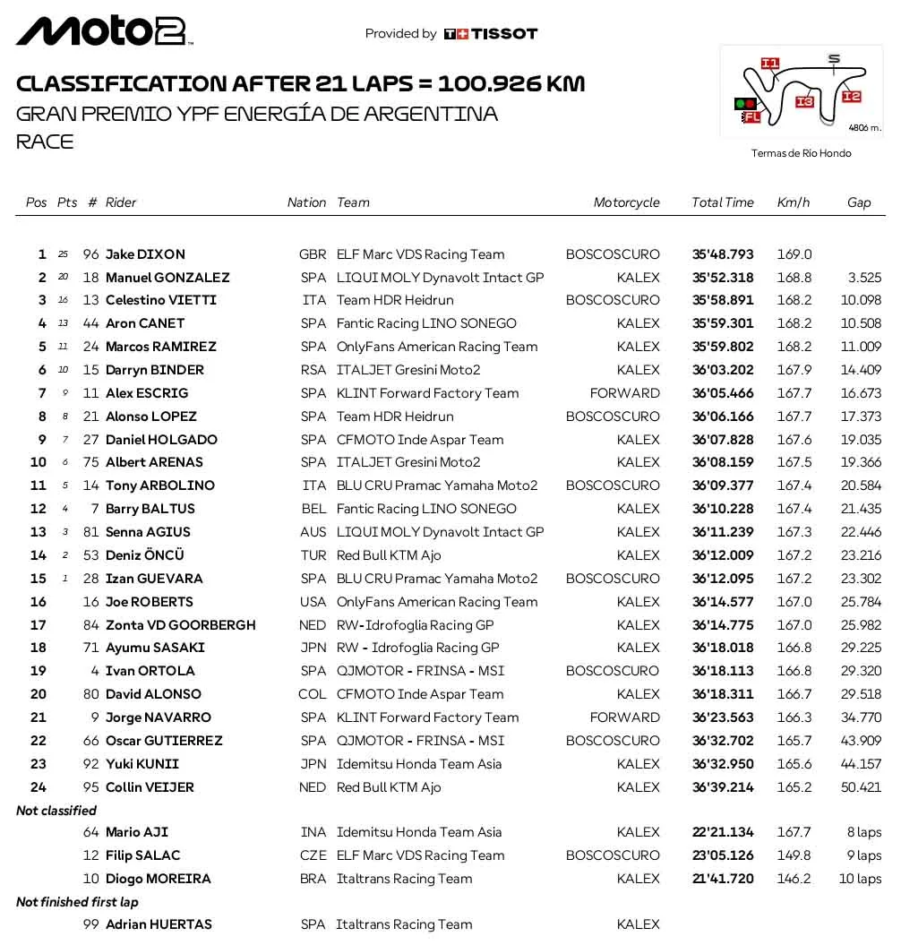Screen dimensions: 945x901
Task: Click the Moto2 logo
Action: click(x=104, y=31)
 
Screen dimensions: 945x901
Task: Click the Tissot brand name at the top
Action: click(x=504, y=34)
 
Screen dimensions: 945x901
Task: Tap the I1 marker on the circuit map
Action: click(x=769, y=64)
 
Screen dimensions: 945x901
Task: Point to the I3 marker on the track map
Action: click(x=803, y=102)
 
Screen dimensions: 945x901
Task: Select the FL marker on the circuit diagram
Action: click(x=751, y=116)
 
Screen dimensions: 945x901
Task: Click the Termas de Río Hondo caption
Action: click(x=801, y=153)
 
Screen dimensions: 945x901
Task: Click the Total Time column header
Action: click(x=722, y=202)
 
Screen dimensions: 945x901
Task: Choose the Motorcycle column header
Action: click(x=626, y=202)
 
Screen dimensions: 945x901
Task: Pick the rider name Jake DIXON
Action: click(x=145, y=254)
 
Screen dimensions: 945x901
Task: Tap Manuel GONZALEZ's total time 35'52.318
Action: click(x=723, y=278)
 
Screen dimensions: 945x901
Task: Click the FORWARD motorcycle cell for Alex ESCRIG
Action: click(x=624, y=393)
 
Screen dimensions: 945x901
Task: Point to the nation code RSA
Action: click(x=313, y=370)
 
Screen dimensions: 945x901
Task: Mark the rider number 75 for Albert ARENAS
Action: click(x=90, y=462)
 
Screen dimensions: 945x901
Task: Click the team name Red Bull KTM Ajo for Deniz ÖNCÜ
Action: click(x=389, y=555)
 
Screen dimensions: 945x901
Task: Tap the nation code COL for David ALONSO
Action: click(x=313, y=694)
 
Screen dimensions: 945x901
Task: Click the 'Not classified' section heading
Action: click(x=56, y=811)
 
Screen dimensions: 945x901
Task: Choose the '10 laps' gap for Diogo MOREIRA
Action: click(x=860, y=879)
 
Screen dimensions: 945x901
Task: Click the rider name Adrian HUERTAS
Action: click(x=159, y=924)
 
